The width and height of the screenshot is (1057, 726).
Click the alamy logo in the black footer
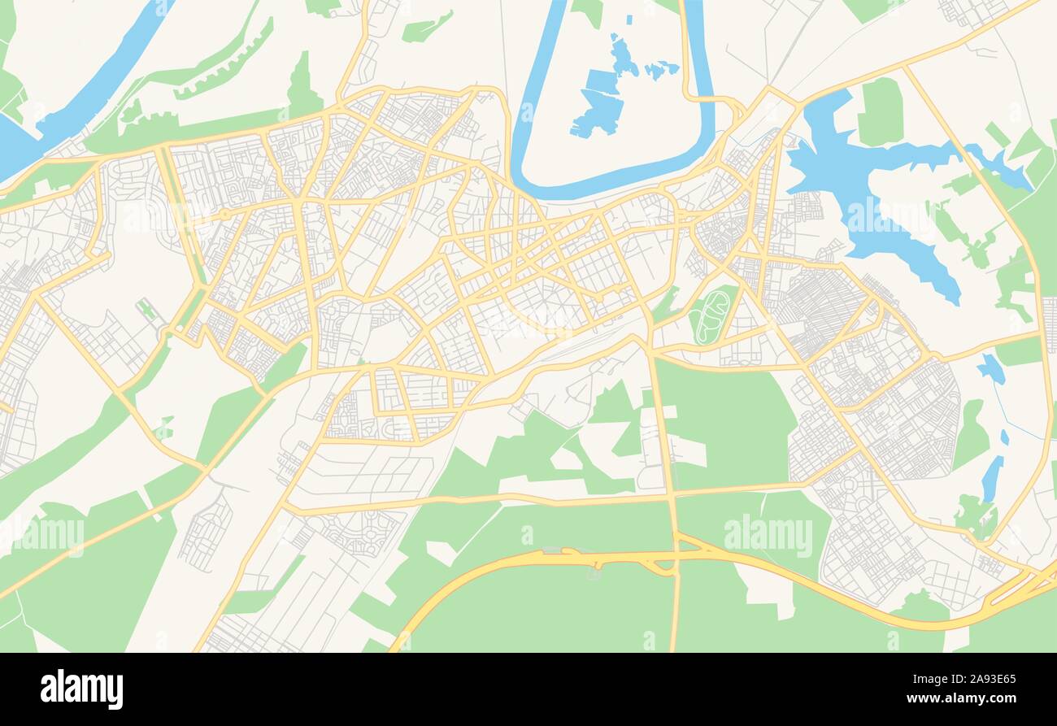pos(81,689)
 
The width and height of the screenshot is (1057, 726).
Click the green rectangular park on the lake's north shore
pos(880,112)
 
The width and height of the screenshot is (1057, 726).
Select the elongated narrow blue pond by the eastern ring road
pos(991,478)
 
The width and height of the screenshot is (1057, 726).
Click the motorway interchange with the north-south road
pos(675,557)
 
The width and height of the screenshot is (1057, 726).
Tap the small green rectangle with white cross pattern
pos(146,309)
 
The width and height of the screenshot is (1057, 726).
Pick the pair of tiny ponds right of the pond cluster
pos(661,69)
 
